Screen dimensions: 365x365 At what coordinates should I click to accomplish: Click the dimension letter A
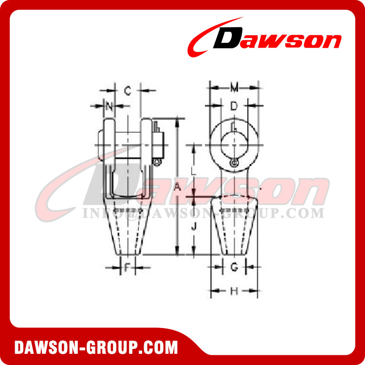pos(178,186)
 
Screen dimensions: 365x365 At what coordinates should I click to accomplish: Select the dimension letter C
pos(127,90)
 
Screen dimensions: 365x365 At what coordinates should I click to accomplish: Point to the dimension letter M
pos(234,88)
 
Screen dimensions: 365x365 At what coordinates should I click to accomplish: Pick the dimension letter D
pos(234,106)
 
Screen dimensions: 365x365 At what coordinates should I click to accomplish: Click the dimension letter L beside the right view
pos(194,170)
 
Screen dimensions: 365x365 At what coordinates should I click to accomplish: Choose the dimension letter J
pos(194,226)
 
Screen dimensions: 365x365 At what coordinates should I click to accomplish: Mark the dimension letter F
pos(127,267)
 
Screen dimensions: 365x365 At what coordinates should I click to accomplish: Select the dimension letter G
pos(234,267)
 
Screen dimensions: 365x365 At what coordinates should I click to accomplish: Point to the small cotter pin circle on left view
pos(157,162)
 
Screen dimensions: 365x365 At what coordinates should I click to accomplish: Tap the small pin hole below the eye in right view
pos(234,163)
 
